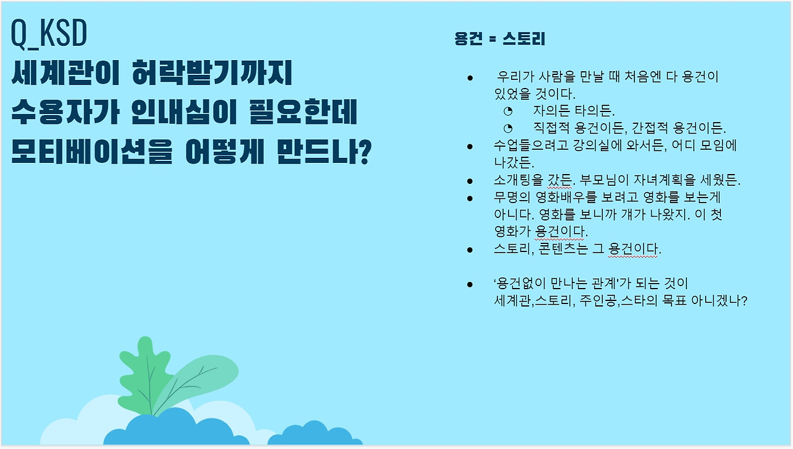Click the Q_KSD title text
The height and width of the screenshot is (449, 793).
[x=49, y=33]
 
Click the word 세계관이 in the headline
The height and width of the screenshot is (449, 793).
[x=66, y=72]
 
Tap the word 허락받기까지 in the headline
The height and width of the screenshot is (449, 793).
[x=212, y=72]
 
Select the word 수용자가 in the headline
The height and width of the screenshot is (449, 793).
[x=65, y=112]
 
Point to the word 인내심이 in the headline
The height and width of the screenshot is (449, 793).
[x=184, y=112]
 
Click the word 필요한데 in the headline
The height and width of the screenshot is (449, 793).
[x=303, y=112]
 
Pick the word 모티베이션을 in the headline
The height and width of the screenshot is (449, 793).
[x=92, y=152]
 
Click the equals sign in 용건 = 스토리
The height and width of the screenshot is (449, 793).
[x=493, y=39]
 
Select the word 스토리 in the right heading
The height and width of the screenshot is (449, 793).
[x=524, y=38]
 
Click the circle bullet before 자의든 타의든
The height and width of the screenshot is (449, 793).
[x=508, y=111]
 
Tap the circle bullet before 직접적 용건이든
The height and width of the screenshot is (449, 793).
[x=508, y=128]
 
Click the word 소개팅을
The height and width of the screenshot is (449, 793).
[x=519, y=180]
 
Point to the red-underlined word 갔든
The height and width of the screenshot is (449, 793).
[x=559, y=180]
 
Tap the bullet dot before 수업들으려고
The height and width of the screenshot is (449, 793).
[x=470, y=147]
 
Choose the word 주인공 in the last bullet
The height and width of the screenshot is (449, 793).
[x=598, y=301]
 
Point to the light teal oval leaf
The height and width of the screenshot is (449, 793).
[x=198, y=382]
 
